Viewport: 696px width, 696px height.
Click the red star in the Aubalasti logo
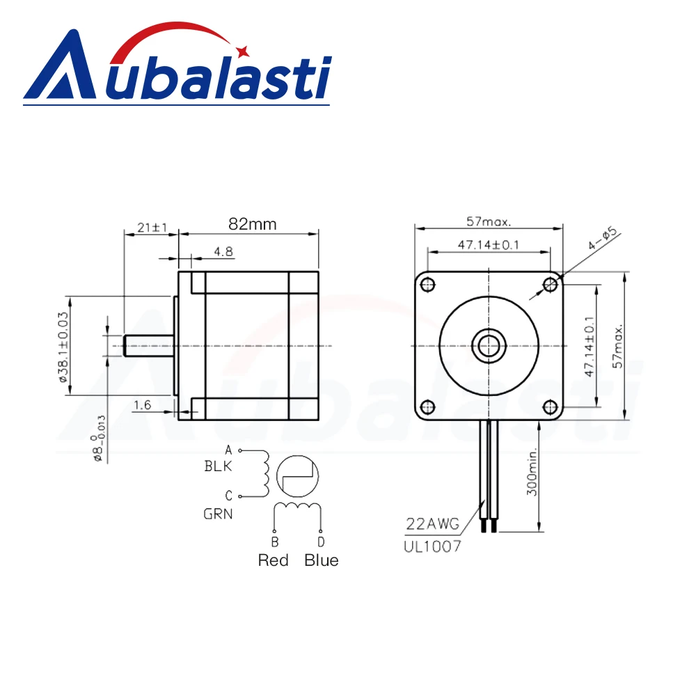pyautogui.click(x=243, y=49)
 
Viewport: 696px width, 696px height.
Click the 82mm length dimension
pyautogui.click(x=252, y=225)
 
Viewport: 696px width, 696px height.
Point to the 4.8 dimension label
pyautogui.click(x=223, y=252)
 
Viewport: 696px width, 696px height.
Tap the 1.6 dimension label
pyautogui.click(x=142, y=404)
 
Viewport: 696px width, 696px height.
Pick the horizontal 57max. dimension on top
pyautogui.click(x=489, y=223)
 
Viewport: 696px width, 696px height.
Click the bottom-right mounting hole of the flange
pyautogui.click(x=550, y=406)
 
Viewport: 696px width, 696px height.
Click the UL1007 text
pyautogui.click(x=432, y=546)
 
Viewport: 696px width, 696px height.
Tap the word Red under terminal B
pyautogui.click(x=273, y=560)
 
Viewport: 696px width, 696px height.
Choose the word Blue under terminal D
pyautogui.click(x=322, y=560)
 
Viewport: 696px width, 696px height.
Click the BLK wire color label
pyautogui.click(x=218, y=466)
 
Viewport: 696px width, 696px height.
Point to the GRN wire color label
pyautogui.click(x=218, y=515)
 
